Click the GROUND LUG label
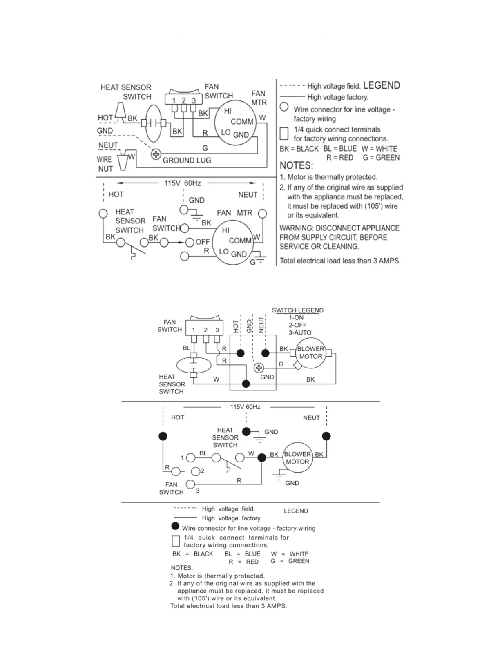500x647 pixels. [187, 161]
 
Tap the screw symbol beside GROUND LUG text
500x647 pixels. [156, 155]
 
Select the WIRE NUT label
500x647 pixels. [105, 164]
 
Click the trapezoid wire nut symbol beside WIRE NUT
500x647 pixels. [123, 162]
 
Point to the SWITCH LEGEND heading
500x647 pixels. [297, 310]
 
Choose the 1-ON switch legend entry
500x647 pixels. [296, 318]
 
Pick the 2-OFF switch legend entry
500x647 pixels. [297, 325]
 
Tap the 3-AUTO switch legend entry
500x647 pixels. [300, 332]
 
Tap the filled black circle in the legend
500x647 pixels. [176, 526]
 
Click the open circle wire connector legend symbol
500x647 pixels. [284, 107]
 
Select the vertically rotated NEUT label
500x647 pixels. [261, 325]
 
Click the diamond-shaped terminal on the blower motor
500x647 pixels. [298, 366]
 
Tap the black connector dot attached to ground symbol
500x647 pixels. [246, 431]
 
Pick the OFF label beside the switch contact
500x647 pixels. [203, 242]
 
